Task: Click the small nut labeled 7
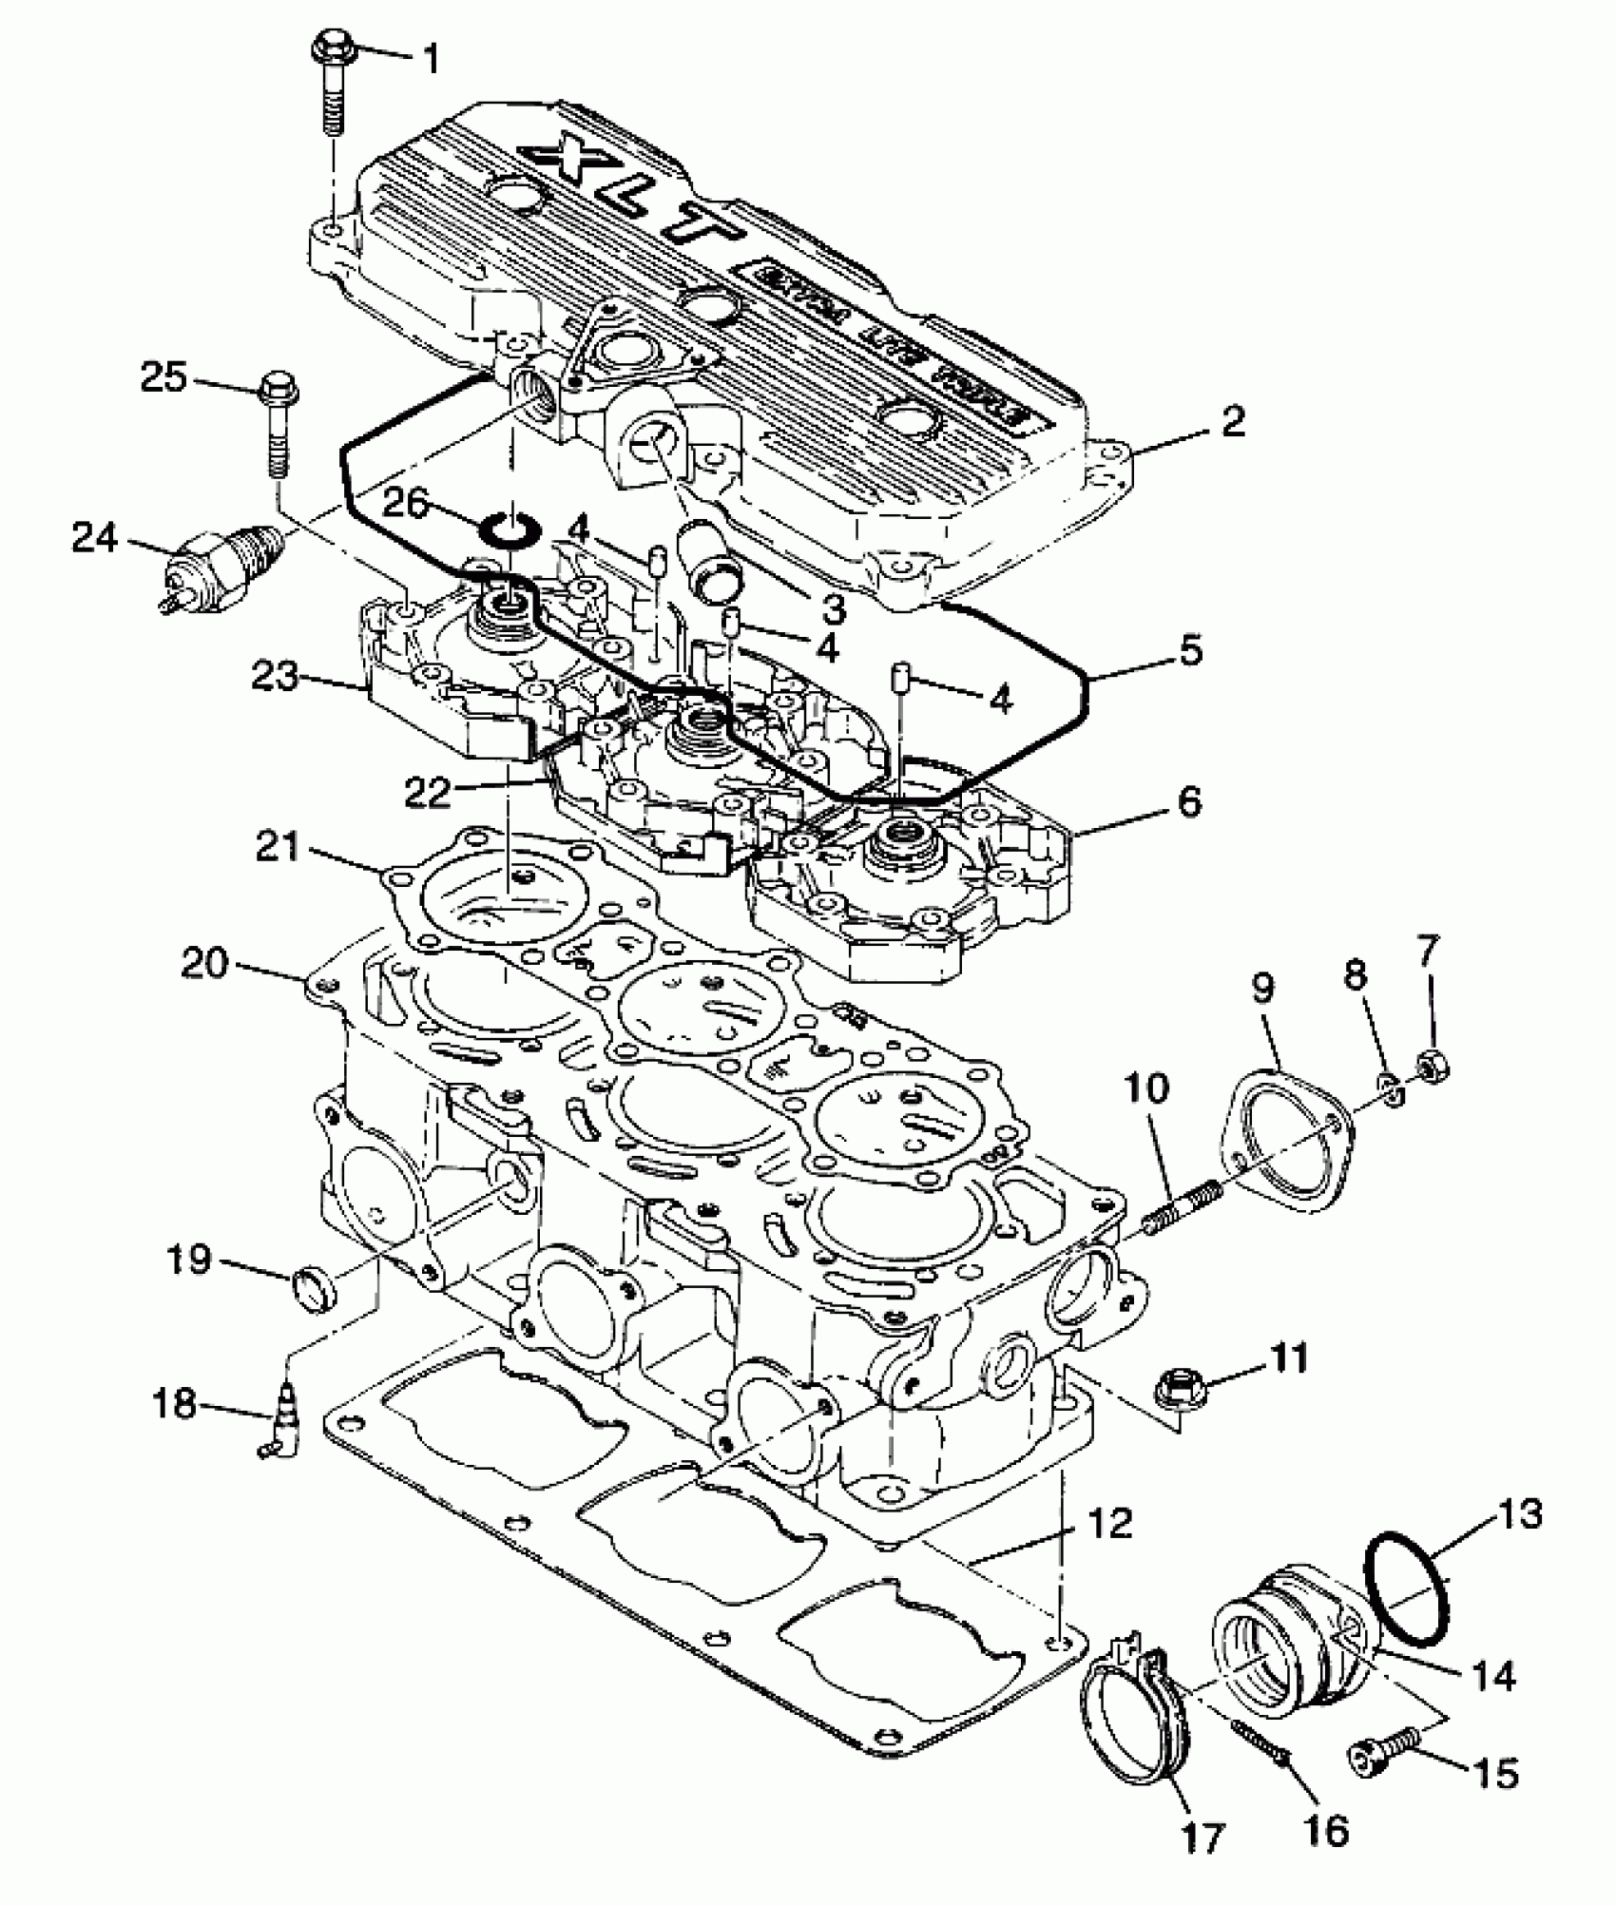(x=1429, y=1063)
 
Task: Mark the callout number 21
(x=276, y=847)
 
